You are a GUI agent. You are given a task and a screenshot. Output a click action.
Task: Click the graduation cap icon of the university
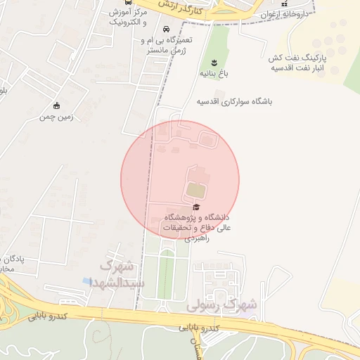coord(196,207)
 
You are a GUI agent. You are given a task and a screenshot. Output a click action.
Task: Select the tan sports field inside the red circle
coord(195,190)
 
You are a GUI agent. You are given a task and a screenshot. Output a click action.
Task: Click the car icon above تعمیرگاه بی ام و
coord(165,30)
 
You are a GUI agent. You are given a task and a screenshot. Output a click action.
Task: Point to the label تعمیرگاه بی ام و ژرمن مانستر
coord(165,46)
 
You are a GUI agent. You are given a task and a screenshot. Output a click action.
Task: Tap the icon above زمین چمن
coord(57,105)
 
